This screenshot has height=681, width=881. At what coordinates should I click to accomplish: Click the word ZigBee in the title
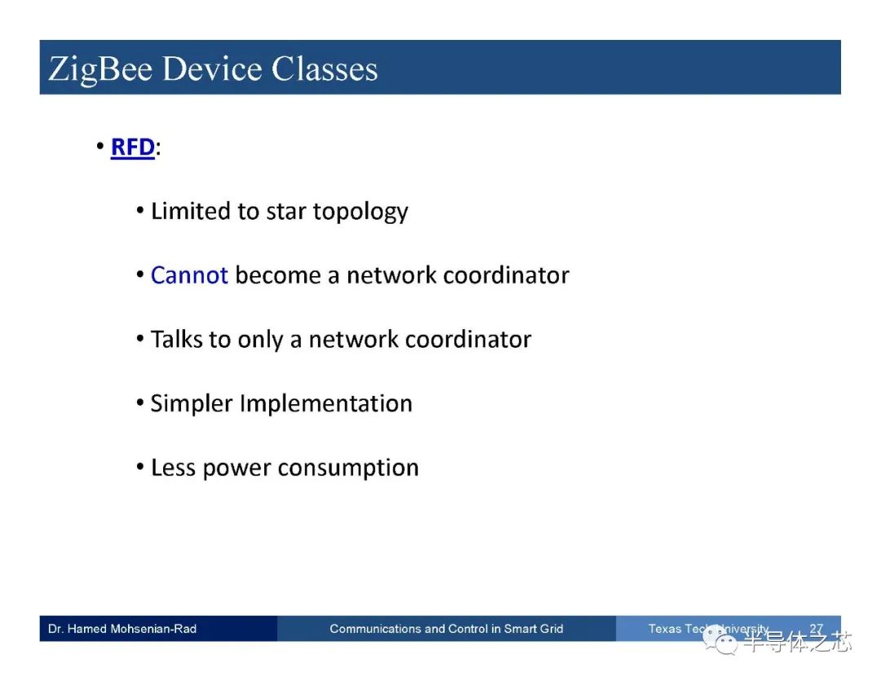(x=100, y=70)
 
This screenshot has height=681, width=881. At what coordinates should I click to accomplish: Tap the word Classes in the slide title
(x=324, y=69)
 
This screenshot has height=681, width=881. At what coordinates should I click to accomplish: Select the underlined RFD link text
(x=133, y=147)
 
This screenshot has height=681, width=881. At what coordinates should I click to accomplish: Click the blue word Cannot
(x=189, y=275)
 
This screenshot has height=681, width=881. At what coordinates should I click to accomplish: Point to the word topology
(x=361, y=212)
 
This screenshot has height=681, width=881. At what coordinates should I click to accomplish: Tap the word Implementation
(x=325, y=404)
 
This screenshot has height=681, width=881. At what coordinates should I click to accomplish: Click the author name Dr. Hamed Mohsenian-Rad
(x=122, y=629)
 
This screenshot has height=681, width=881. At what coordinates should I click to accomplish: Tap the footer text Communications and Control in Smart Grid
(x=446, y=629)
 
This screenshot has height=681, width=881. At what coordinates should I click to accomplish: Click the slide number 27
(x=817, y=628)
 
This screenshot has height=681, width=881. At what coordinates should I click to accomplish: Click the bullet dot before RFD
(x=100, y=147)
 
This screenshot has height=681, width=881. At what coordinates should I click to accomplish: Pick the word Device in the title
(x=212, y=69)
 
